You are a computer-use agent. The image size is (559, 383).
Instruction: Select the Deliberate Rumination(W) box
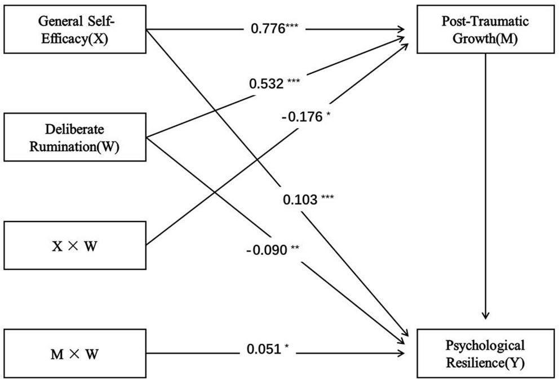click(x=76, y=137)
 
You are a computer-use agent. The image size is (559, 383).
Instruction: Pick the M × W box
click(x=76, y=354)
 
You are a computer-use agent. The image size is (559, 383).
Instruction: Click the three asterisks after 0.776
click(x=293, y=26)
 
